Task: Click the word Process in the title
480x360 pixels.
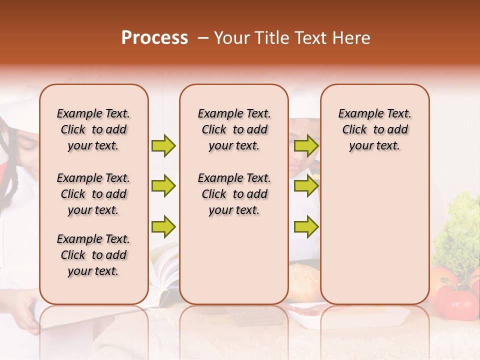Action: pos(154,38)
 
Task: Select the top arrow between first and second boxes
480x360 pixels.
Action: pos(163,145)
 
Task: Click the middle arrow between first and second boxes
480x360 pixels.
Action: pos(163,186)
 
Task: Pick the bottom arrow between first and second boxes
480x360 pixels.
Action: pos(163,227)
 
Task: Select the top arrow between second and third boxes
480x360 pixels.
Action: pos(306,145)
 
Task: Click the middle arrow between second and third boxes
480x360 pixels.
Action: pos(306,186)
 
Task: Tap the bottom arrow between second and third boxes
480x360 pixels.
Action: pos(306,227)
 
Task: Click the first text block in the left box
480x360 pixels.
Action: pos(93,129)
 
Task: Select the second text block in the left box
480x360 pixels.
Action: pos(93,194)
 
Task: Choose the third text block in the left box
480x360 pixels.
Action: pos(93,255)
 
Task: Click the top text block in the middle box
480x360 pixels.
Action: pos(234,129)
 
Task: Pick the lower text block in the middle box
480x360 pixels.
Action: pos(234,194)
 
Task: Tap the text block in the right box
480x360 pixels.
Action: pos(374,129)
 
